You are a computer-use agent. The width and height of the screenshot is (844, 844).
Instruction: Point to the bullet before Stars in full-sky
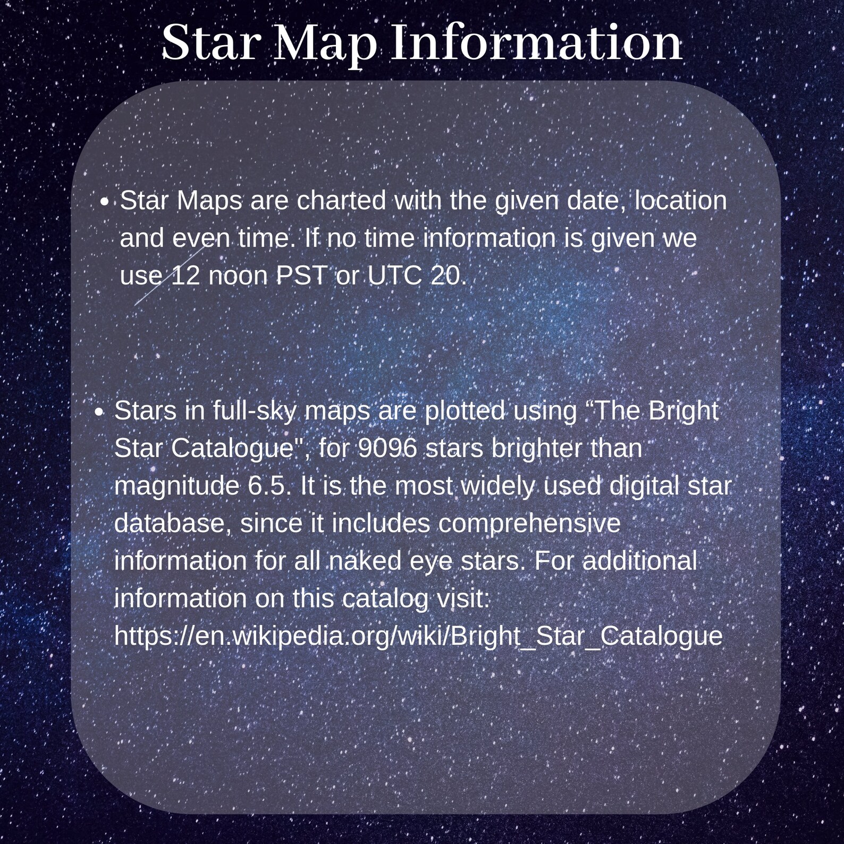99,412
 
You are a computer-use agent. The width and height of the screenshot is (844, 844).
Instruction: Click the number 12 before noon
185,275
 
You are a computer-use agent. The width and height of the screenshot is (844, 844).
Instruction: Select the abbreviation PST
301,275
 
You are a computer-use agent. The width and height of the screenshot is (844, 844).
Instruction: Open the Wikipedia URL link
418,636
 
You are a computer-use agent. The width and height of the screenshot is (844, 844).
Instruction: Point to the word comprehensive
529,524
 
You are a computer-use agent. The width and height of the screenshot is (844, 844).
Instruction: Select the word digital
643,486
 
